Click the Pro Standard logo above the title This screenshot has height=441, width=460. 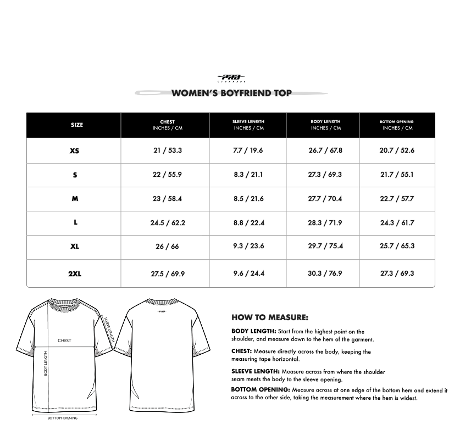[x=231, y=79]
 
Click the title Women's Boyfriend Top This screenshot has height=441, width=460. [x=231, y=93]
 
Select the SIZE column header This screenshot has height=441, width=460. [x=77, y=125]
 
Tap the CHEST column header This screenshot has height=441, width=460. [x=167, y=125]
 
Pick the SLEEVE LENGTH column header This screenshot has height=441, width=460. [x=248, y=125]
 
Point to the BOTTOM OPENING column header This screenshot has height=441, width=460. [x=397, y=125]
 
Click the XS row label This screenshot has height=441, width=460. [x=75, y=150]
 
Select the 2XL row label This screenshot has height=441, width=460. [x=75, y=273]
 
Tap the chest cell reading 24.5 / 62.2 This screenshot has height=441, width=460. [x=168, y=223]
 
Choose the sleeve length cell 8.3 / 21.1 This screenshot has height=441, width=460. [x=248, y=175]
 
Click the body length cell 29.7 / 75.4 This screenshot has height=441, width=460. [x=325, y=246]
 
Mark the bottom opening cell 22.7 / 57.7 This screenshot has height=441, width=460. [x=397, y=199]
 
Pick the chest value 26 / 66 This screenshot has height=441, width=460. [x=167, y=247]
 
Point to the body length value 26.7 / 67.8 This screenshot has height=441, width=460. [x=325, y=150]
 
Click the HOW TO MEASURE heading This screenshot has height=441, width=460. [x=270, y=317]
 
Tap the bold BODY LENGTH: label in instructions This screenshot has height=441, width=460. [x=253, y=332]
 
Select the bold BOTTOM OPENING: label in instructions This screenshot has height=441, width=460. [x=260, y=390]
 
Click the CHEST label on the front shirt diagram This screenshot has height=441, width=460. [x=64, y=340]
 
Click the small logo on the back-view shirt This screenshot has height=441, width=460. [x=162, y=311]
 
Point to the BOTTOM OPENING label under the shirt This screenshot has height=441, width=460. [x=62, y=418]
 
